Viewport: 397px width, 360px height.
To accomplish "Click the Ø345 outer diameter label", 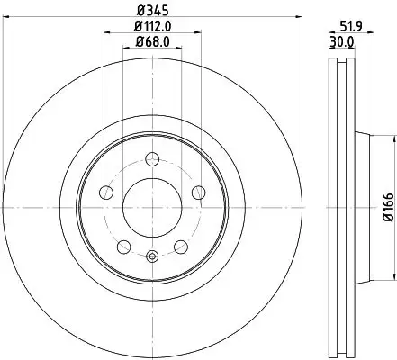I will [x=149, y=10].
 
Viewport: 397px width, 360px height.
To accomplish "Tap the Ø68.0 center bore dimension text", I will [x=151, y=41].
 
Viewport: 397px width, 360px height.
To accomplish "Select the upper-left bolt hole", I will [x=106, y=191].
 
